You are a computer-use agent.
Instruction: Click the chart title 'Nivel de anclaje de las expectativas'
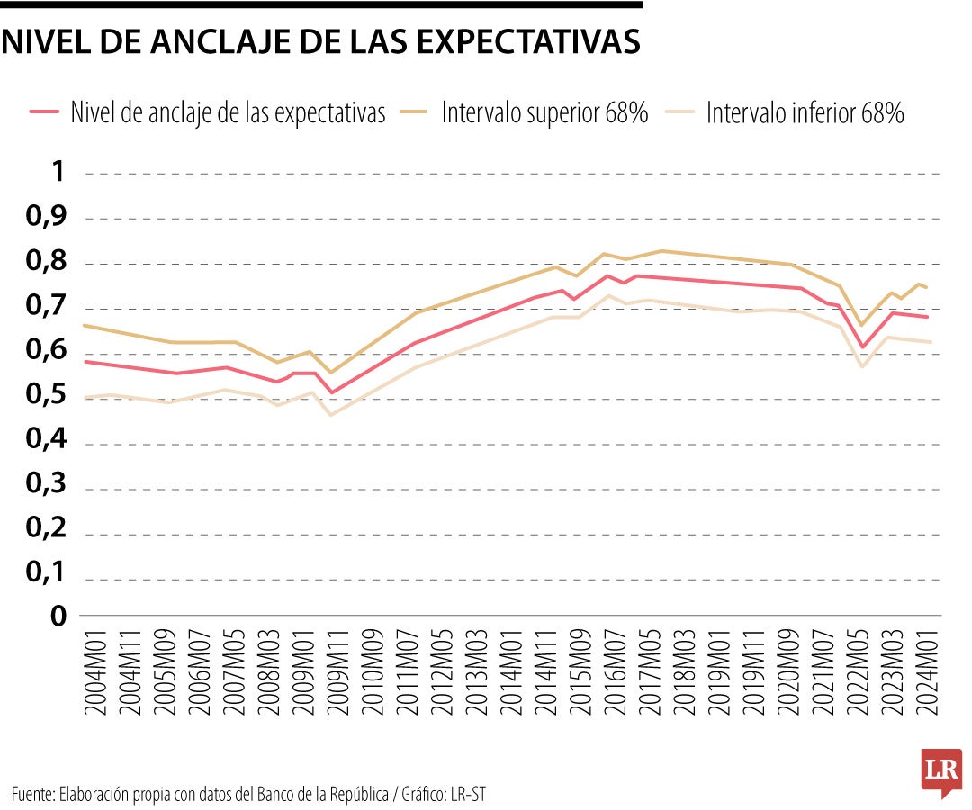tap(321, 42)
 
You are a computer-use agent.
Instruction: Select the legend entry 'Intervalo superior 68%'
tap(544, 113)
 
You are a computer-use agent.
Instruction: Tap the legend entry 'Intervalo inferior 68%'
tap(805, 113)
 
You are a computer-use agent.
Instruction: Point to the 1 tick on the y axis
tap(58, 172)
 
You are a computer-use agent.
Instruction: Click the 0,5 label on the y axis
tap(46, 396)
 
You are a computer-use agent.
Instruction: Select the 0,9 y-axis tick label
tap(46, 217)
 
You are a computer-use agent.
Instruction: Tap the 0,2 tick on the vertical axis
tap(46, 531)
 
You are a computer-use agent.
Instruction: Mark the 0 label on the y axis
tap(58, 617)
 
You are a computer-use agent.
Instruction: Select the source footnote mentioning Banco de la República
tap(253, 794)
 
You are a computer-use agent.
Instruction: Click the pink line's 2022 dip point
tap(862, 346)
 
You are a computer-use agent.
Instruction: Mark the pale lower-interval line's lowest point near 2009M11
tap(331, 414)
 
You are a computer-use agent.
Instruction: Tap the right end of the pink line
tap(927, 317)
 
